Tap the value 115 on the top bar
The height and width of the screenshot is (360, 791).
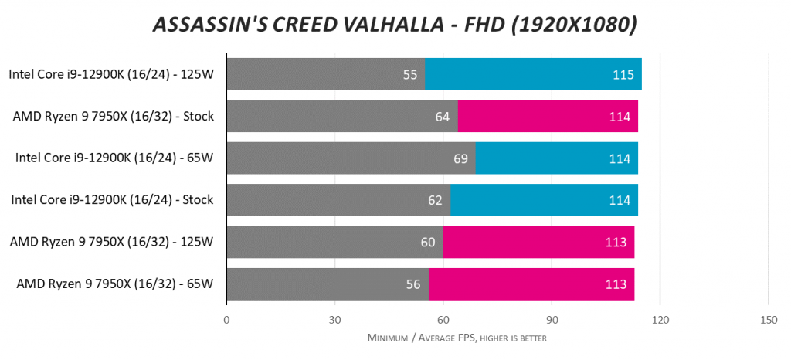click(x=623, y=75)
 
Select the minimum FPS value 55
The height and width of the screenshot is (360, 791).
click(x=410, y=75)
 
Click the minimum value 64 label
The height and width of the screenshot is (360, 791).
click(x=443, y=117)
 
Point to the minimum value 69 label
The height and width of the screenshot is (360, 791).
click(x=460, y=158)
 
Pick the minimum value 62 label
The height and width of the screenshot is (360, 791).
click(x=435, y=201)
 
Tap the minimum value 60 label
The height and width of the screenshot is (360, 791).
click(x=428, y=243)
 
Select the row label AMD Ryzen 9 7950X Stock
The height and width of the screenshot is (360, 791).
click(x=113, y=117)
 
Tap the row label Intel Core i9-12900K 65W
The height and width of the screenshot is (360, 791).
click(x=114, y=158)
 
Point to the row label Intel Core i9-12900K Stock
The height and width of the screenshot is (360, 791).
click(x=112, y=201)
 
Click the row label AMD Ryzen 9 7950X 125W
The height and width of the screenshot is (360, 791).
click(x=111, y=243)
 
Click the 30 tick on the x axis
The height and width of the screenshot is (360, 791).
click(x=334, y=319)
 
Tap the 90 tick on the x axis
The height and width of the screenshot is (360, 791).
click(x=552, y=319)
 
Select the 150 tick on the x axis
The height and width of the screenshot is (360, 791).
click(x=768, y=319)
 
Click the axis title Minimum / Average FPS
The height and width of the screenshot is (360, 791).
click(x=457, y=338)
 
